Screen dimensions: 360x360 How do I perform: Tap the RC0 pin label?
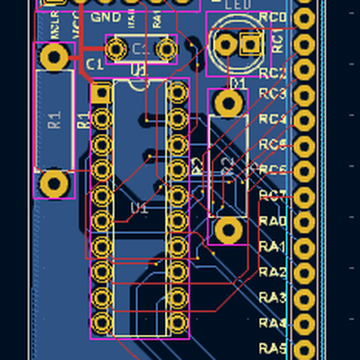[273, 19]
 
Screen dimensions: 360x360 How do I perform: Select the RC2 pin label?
[272, 73]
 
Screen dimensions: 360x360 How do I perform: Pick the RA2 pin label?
[273, 272]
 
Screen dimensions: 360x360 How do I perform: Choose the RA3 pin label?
[273, 298]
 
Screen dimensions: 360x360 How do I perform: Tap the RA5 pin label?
[273, 348]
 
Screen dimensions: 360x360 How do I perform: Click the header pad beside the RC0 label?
[305, 18]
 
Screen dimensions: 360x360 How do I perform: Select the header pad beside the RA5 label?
[305, 349]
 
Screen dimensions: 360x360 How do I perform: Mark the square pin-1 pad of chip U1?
[101, 93]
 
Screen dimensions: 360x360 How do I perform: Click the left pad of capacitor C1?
[118, 47]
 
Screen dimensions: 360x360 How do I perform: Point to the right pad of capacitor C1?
[165, 47]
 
